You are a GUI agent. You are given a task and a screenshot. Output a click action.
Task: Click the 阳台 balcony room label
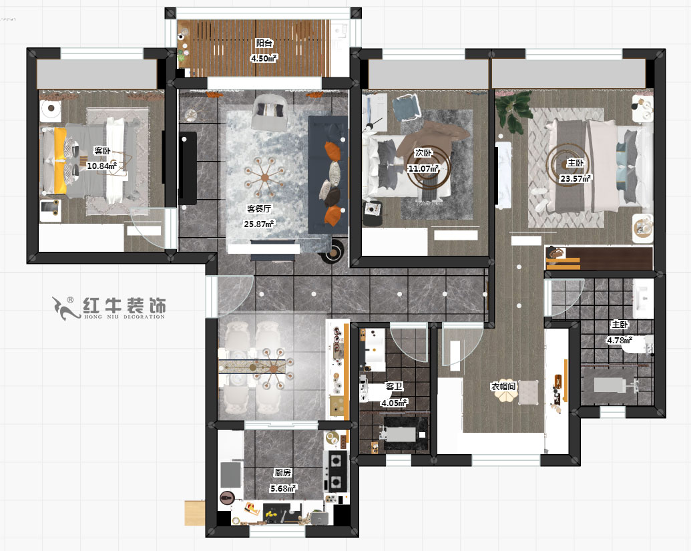pyautogui.click(x=264, y=43)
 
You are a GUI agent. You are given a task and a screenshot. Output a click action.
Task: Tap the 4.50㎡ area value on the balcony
pyautogui.click(x=264, y=57)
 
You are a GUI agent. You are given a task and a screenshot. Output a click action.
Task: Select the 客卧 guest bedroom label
pyautogui.click(x=101, y=150)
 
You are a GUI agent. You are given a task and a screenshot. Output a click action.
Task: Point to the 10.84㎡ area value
pyautogui.click(x=102, y=165)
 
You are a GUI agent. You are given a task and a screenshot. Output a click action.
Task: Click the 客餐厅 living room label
pyautogui.click(x=259, y=208)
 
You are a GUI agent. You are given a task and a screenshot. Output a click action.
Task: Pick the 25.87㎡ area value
pyautogui.click(x=259, y=224)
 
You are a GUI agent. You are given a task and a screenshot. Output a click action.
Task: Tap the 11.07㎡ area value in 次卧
pyautogui.click(x=423, y=168)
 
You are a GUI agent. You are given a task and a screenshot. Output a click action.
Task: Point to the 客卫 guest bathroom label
pyautogui.click(x=394, y=386)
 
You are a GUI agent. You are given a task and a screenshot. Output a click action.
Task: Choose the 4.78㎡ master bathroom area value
pyautogui.click(x=619, y=340)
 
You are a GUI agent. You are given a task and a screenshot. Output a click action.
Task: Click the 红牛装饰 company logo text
pyautogui.click(x=124, y=307)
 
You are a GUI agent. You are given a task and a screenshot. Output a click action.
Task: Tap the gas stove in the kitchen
pyautogui.click(x=335, y=471)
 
